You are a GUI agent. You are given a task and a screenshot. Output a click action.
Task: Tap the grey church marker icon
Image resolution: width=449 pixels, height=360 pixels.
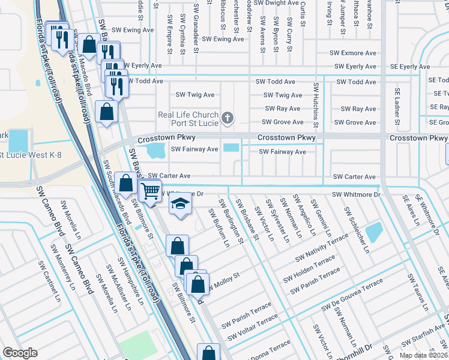coord(227,118)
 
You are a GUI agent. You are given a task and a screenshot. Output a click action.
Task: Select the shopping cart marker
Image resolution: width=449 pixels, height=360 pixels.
coord(150,191)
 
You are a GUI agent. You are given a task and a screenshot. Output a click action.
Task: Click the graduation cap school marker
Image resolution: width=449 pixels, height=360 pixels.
coord(178,205)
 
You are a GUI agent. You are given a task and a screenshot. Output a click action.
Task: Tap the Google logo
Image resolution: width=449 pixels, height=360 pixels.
coord(20,353)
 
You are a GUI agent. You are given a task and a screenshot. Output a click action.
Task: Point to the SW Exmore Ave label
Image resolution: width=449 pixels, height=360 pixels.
coord(355,53)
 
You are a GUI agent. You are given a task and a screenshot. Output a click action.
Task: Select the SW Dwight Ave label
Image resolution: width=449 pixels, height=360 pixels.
coord(273,2)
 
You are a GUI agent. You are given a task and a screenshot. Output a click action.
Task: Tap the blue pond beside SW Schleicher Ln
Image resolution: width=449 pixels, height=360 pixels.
coord(373,231)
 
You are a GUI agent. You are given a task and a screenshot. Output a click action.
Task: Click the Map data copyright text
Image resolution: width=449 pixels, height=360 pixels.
coord(424,355)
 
